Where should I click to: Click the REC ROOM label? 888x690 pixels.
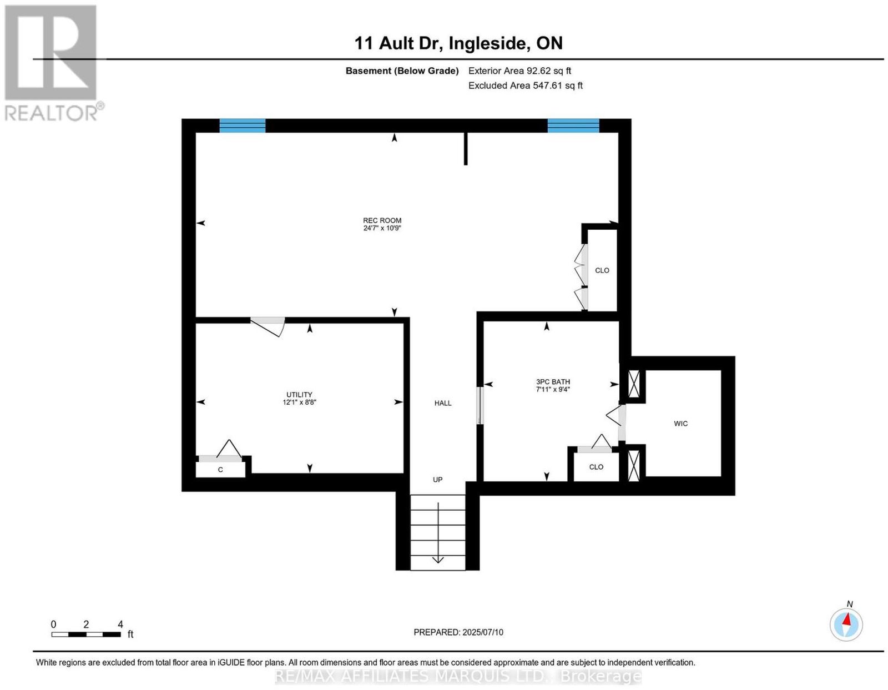382,220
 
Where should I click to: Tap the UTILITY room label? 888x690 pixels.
299,395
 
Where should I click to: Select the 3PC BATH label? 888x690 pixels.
552,382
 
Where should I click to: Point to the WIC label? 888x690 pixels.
680,424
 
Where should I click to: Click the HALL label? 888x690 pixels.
442,403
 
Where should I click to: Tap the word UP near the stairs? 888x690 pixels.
437,480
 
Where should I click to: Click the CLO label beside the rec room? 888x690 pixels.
602,270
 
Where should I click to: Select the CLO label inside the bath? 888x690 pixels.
596,467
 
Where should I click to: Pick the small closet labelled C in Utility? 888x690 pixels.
220,470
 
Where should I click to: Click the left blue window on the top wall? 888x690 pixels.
243,125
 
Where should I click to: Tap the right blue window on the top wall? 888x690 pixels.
573,125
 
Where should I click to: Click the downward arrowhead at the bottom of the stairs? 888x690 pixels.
438,560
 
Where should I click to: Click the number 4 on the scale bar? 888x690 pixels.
120,624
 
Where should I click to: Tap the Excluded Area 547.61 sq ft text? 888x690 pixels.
525,85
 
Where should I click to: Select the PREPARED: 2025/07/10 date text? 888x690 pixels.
458,632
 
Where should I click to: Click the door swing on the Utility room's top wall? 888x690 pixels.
268,326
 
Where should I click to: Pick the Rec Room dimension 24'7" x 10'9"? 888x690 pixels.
382,228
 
